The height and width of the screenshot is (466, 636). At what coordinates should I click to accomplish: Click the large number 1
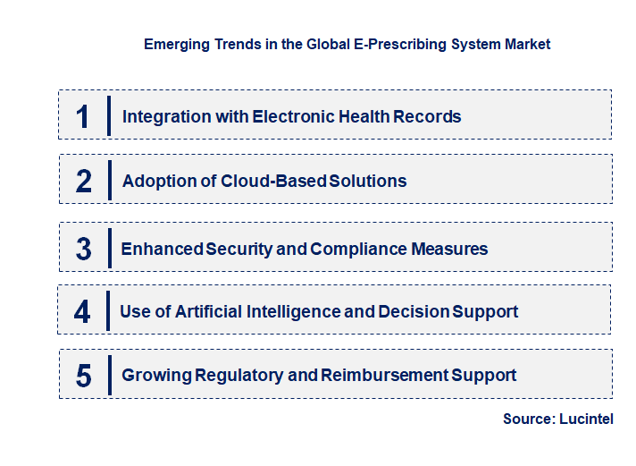point(83,116)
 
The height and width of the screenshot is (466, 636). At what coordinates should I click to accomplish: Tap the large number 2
point(84,181)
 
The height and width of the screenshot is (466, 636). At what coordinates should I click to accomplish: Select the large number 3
point(83,249)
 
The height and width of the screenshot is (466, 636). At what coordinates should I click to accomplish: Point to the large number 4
point(82,312)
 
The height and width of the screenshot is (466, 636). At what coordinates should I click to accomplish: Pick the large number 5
point(83,376)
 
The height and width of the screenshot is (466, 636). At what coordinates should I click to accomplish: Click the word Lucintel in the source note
point(587,419)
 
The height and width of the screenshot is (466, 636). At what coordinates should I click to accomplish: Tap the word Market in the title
point(528,44)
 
